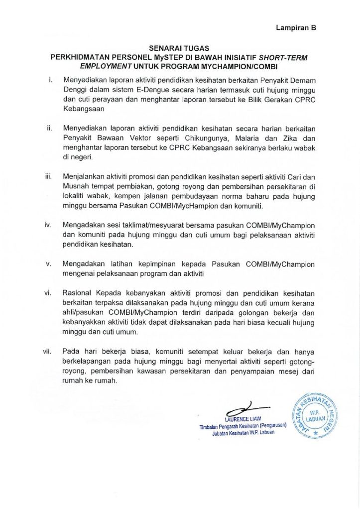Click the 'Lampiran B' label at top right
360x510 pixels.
pyautogui.click(x=296, y=28)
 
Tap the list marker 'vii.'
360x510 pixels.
pyautogui.click(x=48, y=352)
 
